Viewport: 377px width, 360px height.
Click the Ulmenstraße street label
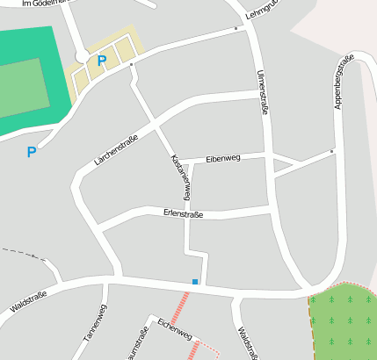pyautogui.click(x=261, y=93)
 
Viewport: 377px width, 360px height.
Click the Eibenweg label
pyautogui.click(x=222, y=159)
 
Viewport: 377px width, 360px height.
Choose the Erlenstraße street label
pyautogui.click(x=183, y=213)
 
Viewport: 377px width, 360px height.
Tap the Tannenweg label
pyautogui.click(x=95, y=322)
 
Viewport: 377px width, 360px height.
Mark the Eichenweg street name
pyautogui.click(x=174, y=329)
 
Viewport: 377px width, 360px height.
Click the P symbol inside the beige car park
pyautogui.click(x=102, y=61)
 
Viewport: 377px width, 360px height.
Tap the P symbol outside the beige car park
pyautogui.click(x=32, y=152)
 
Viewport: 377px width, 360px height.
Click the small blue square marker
pyautogui.click(x=195, y=281)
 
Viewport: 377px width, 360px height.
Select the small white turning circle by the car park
pyautogui.click(x=82, y=57)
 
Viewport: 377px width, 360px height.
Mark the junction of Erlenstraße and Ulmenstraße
pyautogui.click(x=271, y=210)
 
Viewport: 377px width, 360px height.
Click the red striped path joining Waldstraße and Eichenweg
pyautogui.click(x=181, y=306)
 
